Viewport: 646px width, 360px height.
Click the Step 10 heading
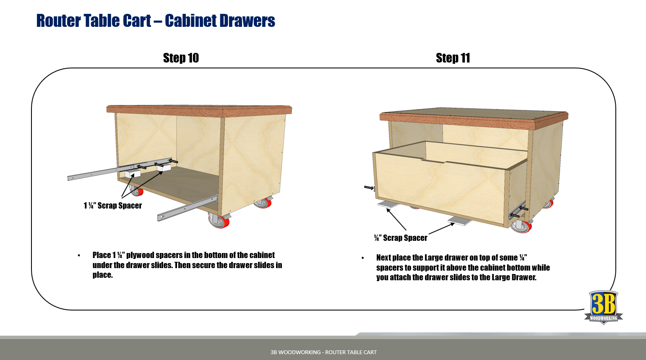tap(181, 58)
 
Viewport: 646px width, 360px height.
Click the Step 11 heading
tap(453, 58)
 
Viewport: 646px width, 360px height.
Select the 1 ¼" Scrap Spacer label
tap(112, 206)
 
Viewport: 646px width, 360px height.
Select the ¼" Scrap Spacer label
tap(401, 238)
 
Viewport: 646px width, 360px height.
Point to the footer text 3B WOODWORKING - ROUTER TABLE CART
tap(323, 352)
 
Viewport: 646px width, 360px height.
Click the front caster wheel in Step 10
tap(219, 221)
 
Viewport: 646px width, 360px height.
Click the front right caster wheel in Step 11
tap(521, 227)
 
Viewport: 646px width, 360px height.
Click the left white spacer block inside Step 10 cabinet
tap(133, 173)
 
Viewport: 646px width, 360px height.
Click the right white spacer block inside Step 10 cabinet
tap(163, 167)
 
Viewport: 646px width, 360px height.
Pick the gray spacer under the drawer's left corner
tap(389, 204)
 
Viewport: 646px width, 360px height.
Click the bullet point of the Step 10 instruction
tap(79, 256)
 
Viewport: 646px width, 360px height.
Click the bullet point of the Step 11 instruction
tap(363, 258)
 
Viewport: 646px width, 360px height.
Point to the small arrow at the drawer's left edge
tap(369, 188)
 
